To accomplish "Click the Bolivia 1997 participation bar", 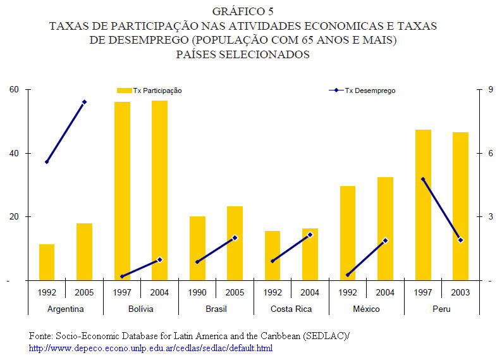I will point(122,190).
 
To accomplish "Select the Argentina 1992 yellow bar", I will point(47,262).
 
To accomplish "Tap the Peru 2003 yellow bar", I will point(460,206).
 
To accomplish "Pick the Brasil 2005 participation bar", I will point(235,243).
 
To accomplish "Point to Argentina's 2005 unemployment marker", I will point(85,102).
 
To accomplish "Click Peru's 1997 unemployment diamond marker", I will point(423,179).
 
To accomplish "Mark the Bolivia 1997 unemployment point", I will point(122,276).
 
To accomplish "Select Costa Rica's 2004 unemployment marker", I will point(310,235).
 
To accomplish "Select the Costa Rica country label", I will point(291,309).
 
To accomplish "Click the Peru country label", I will point(441,309).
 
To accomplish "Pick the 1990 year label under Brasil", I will point(197,292).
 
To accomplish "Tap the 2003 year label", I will point(460,292).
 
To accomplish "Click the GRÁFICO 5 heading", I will point(243,11).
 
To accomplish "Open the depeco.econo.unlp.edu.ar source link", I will point(151,348).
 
